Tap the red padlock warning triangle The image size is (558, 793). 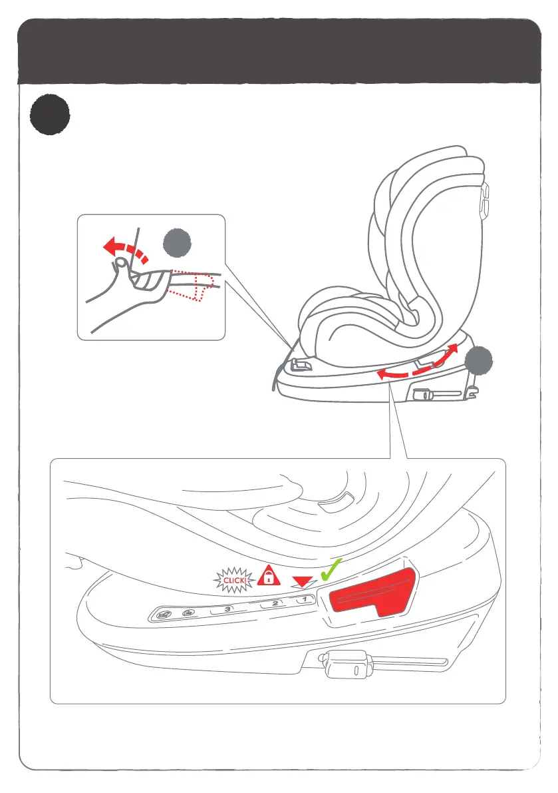pyautogui.click(x=267, y=576)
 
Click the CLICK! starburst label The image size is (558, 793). pyautogui.click(x=235, y=581)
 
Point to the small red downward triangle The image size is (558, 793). pyautogui.click(x=304, y=582)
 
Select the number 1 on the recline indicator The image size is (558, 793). pyautogui.click(x=304, y=599)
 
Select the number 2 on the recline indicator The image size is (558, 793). pyautogui.click(x=274, y=604)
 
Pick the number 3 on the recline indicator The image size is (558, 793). pyautogui.click(x=228, y=609)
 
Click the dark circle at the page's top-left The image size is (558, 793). pyautogui.click(x=49, y=114)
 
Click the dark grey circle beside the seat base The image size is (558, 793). pyautogui.click(x=479, y=364)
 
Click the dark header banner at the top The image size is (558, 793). pyautogui.click(x=279, y=51)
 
